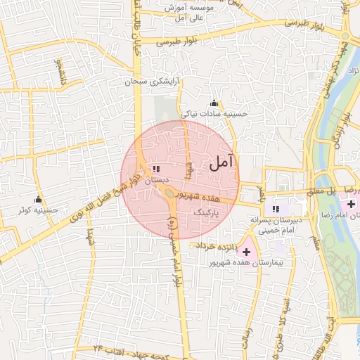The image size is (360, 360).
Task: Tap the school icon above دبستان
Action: pos(155,169)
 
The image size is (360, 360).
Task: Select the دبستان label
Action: pos(156,181)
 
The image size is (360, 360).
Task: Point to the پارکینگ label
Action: pos(207,210)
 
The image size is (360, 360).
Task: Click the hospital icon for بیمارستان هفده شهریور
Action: pos(246,251)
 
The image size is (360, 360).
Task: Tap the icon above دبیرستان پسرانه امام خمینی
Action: pos(276,208)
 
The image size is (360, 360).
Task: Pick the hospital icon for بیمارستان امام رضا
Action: pos(351,203)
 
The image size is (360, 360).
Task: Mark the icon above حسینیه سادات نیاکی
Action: pos(214,103)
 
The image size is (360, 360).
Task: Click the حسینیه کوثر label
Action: pos(38,210)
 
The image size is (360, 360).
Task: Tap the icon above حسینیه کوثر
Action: pos(38,199)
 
